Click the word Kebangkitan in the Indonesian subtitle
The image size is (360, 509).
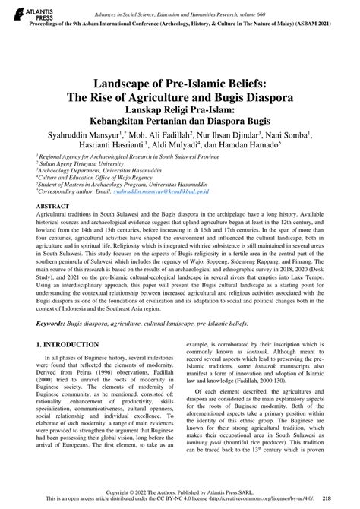pos(124,121)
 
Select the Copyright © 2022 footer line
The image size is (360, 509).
pos(180,492)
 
